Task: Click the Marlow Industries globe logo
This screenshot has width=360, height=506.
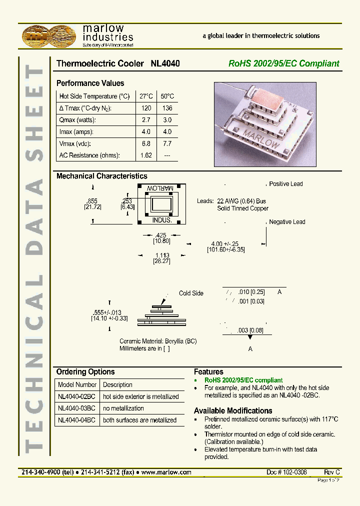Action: point(49,36)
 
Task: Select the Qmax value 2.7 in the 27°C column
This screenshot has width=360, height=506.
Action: point(145,120)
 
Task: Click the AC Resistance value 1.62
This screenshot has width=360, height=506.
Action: point(145,155)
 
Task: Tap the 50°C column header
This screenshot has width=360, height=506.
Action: point(167,96)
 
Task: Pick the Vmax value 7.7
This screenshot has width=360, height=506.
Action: point(167,143)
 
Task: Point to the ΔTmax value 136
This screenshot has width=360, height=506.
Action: point(167,108)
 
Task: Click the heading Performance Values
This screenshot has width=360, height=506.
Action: point(90,83)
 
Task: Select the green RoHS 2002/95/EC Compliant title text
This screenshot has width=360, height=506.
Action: point(283,64)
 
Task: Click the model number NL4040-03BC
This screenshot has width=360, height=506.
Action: point(76,408)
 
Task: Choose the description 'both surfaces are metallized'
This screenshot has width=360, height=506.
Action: point(139,420)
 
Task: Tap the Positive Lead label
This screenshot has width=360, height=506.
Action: point(285,184)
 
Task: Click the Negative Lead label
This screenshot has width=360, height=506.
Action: point(287,222)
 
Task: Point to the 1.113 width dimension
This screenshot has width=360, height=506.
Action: point(162,255)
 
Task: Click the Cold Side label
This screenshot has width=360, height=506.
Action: point(191,293)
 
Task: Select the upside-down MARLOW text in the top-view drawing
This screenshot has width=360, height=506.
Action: point(161,188)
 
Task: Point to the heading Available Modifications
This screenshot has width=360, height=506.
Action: point(233,411)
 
